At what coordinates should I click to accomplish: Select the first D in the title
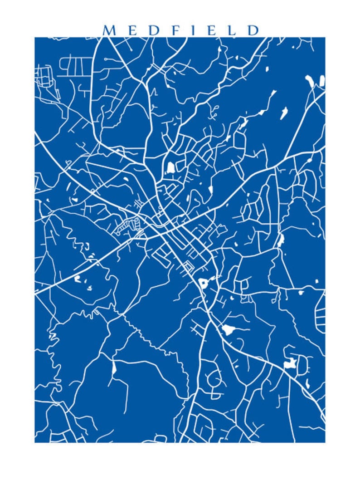154,30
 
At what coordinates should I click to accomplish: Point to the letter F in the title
175,30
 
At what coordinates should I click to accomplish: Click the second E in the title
210,30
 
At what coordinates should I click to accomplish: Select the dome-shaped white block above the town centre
171,168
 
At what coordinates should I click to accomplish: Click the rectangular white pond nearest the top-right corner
322,81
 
